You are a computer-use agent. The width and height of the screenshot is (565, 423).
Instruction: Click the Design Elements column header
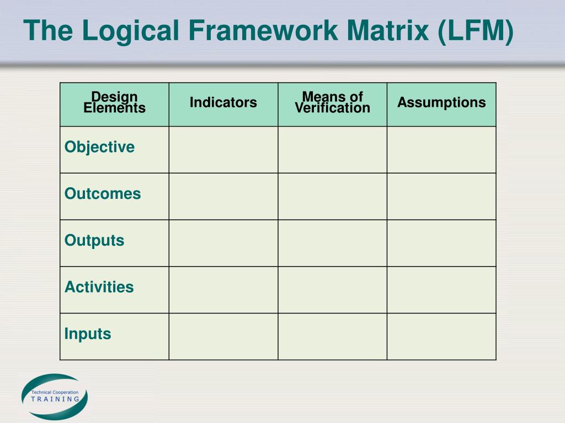point(114,103)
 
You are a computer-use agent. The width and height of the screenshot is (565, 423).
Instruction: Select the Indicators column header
point(223,102)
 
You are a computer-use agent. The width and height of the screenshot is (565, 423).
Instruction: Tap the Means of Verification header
point(332,103)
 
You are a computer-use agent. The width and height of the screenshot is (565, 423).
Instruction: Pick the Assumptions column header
point(441,102)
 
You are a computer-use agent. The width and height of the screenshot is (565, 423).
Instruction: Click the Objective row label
point(99,147)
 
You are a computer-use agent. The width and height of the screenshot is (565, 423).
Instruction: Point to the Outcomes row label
point(103,194)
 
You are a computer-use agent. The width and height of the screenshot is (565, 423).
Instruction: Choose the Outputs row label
point(94,241)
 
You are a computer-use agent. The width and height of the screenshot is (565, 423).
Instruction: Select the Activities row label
point(99,287)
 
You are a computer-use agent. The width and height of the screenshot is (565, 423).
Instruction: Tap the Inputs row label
point(88,334)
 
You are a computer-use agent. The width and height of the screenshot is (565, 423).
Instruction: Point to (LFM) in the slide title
point(476,31)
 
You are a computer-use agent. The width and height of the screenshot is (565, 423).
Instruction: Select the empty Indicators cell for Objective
point(223,150)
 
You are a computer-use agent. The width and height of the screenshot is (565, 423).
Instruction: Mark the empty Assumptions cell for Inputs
point(441,337)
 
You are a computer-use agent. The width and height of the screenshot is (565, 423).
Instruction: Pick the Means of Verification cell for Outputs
point(332,243)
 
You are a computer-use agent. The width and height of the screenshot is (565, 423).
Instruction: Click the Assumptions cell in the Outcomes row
point(441,197)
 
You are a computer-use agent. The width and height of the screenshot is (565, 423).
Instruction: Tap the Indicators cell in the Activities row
point(223,290)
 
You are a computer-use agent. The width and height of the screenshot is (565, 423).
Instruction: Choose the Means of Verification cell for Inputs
point(332,337)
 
